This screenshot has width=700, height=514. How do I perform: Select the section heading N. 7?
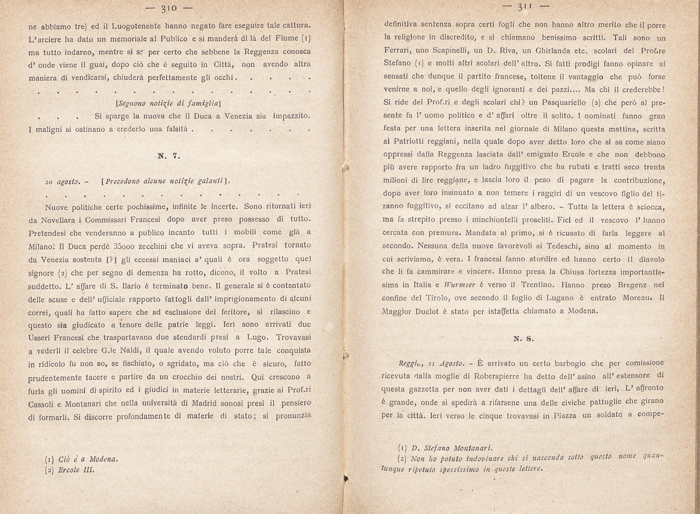169,156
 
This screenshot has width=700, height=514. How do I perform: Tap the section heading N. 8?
523,339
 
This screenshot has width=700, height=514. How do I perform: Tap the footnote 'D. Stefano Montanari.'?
452,448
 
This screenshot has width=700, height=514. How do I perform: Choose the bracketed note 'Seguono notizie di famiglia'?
168,104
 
